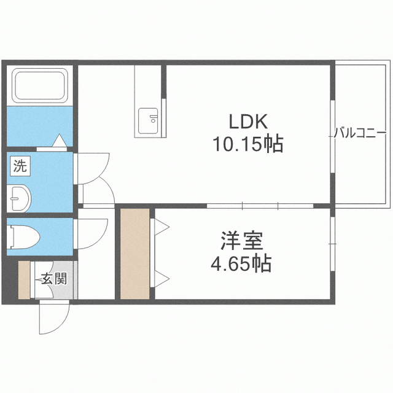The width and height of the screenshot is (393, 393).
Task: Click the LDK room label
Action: [x=248, y=122]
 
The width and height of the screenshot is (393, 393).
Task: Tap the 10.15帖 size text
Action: [x=248, y=144]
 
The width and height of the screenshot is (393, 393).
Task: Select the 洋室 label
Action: [x=241, y=241]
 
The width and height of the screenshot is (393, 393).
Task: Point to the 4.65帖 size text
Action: [x=241, y=263]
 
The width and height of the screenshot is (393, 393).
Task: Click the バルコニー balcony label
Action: [x=360, y=133]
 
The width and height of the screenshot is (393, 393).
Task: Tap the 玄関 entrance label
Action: [x=54, y=278]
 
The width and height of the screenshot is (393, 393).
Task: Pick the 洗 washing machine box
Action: [x=20, y=166]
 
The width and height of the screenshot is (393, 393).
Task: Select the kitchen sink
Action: [x=148, y=121]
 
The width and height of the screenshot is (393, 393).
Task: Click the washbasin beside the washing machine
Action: [x=18, y=198]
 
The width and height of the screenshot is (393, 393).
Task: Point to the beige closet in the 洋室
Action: [x=135, y=254]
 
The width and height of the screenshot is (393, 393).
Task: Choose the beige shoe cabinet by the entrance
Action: [x=24, y=280]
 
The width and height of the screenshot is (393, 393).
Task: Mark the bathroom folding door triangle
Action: [x=60, y=141]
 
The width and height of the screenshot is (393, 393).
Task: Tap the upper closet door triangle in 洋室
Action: [x=161, y=227]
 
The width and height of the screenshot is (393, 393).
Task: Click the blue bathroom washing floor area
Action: [x=39, y=126]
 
